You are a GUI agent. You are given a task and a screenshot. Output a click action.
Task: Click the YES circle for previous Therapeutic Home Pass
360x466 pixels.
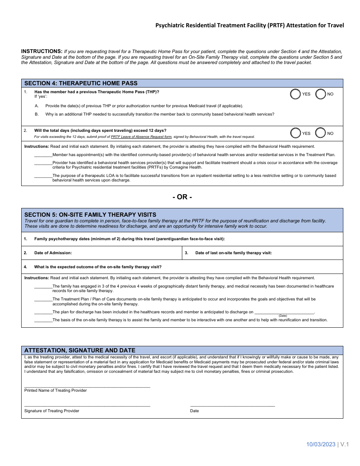click(x=296, y=94)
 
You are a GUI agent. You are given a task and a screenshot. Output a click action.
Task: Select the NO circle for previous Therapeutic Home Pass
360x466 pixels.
click(x=321, y=94)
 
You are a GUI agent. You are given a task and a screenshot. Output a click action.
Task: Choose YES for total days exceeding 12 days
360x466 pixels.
click(x=296, y=133)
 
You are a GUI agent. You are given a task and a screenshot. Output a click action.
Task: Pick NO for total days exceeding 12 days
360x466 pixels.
click(x=321, y=133)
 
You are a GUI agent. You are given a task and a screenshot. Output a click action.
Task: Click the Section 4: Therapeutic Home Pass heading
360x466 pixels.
click(x=81, y=83)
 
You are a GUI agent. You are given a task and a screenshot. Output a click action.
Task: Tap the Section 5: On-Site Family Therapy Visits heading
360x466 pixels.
click(x=90, y=214)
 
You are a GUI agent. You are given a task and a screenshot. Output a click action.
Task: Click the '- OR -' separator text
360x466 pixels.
click(x=182, y=197)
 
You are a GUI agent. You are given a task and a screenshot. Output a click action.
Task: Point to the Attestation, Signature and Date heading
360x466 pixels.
click(x=80, y=350)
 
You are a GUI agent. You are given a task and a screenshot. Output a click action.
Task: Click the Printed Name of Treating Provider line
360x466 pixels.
click(x=87, y=386)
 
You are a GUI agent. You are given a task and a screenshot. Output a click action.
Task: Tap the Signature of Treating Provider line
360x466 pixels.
click(x=87, y=406)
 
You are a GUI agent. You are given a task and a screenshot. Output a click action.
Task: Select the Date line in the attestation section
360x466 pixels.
click(x=232, y=406)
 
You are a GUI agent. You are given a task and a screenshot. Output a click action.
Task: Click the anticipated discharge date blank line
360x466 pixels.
click(x=284, y=313)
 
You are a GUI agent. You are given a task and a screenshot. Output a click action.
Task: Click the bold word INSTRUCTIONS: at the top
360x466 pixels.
click(x=42, y=51)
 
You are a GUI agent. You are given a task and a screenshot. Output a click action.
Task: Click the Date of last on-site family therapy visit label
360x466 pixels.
click(x=233, y=253)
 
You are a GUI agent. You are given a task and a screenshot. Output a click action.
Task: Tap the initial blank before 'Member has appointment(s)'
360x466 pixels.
click(x=43, y=155)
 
